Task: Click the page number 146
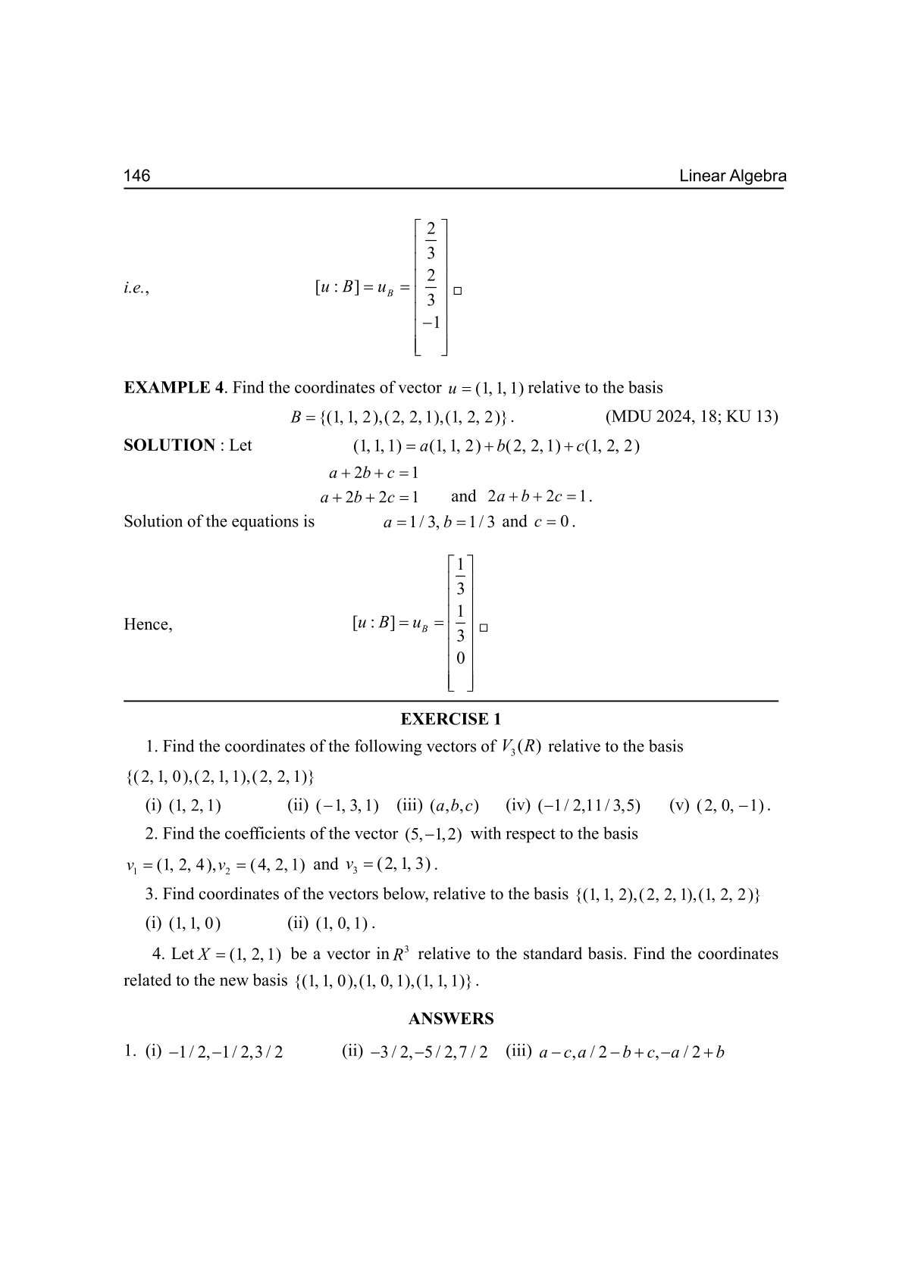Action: coord(137,177)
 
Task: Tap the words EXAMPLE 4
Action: coord(174,388)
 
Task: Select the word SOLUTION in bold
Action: coord(169,445)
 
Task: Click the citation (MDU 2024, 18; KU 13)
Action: coord(691,417)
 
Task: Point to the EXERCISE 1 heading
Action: coord(451,719)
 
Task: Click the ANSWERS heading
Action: coord(451,1019)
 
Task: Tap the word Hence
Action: coord(148,625)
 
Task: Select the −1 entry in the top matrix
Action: coord(431,323)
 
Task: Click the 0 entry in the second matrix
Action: coord(460,658)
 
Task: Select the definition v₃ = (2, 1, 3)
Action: coord(391,864)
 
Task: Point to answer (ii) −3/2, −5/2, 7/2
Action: coord(415,1052)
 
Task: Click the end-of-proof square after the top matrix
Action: coord(458,290)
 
